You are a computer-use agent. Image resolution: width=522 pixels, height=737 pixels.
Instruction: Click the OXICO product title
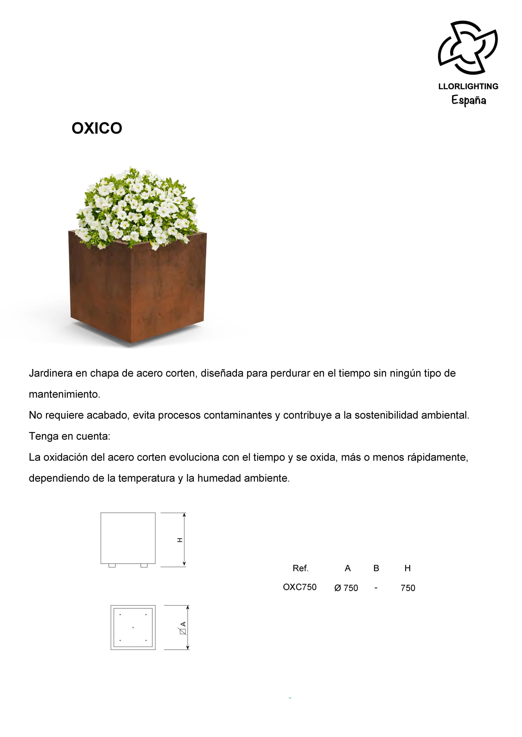point(97,128)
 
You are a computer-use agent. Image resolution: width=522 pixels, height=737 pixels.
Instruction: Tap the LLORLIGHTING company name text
point(468,86)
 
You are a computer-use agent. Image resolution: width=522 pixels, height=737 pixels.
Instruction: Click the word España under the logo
point(469,100)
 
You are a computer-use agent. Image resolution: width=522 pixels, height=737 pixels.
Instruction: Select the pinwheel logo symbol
point(468,47)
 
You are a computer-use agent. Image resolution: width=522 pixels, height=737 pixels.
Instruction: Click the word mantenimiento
point(64,394)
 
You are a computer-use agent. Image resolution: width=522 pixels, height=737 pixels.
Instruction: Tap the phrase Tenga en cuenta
point(69,436)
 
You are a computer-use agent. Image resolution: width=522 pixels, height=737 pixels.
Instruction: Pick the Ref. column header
point(300,568)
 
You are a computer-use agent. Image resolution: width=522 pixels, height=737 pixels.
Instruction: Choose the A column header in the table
point(347,568)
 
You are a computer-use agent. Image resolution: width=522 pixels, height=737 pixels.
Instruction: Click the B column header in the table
point(376,568)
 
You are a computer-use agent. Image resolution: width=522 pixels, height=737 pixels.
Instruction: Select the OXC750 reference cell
point(300,587)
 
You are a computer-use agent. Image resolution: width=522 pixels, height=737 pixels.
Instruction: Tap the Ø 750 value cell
point(346,588)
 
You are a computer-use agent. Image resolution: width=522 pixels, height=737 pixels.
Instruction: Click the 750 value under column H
point(408,588)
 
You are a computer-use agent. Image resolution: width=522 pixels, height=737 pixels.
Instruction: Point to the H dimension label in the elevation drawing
point(180,540)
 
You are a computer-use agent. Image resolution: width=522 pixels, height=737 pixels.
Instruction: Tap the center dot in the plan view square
point(133,628)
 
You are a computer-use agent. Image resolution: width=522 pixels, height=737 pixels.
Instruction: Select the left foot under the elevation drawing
point(112,566)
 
